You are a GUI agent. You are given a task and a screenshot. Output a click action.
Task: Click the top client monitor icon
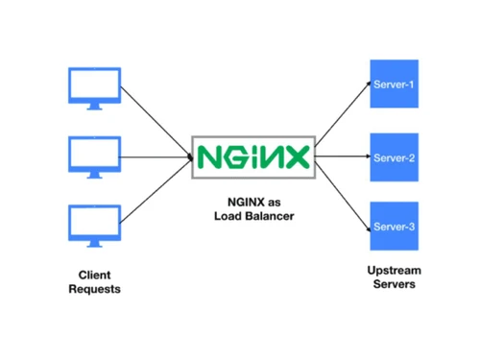pyautogui.click(x=94, y=85)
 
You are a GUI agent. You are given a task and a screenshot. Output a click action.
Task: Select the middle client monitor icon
pyautogui.click(x=94, y=154)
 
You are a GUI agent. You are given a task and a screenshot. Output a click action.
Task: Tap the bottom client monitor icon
pyautogui.click(x=94, y=224)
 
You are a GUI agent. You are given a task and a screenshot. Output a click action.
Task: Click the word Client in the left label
pyautogui.click(x=94, y=275)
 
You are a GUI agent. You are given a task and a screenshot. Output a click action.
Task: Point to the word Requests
pyautogui.click(x=94, y=289)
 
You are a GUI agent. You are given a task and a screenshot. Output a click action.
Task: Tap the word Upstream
pyautogui.click(x=394, y=271)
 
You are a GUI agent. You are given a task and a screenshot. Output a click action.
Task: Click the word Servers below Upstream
pyautogui.click(x=394, y=286)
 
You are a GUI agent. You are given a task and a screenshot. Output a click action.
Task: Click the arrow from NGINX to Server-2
pyautogui.click(x=344, y=156)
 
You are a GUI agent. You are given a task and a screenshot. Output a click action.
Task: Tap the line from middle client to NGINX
pyautogui.click(x=156, y=155)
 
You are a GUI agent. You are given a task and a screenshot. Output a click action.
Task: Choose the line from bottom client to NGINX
pyautogui.click(x=156, y=190)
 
